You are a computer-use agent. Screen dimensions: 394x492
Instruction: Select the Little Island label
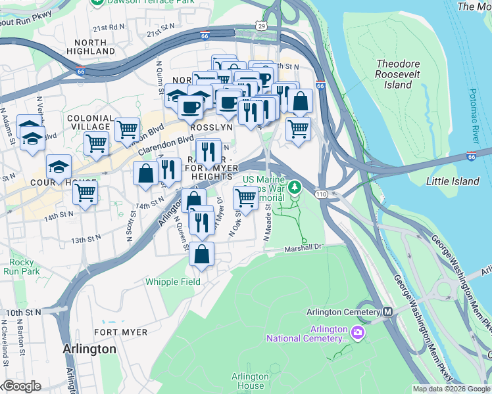[453, 181]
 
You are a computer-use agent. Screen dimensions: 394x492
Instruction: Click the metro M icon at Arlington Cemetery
[388, 312]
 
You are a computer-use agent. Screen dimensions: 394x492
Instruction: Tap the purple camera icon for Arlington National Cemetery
[357, 332]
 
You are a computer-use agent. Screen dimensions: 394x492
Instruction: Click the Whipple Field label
[173, 282]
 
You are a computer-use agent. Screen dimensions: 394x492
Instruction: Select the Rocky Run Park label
[22, 267]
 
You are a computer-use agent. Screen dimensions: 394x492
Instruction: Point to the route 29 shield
[262, 26]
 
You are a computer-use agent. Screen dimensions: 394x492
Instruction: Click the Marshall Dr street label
[305, 248]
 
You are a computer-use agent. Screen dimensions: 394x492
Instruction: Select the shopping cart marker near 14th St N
[85, 192]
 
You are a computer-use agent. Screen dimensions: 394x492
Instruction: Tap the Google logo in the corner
[21, 386]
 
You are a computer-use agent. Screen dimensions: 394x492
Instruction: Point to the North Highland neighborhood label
[86, 47]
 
